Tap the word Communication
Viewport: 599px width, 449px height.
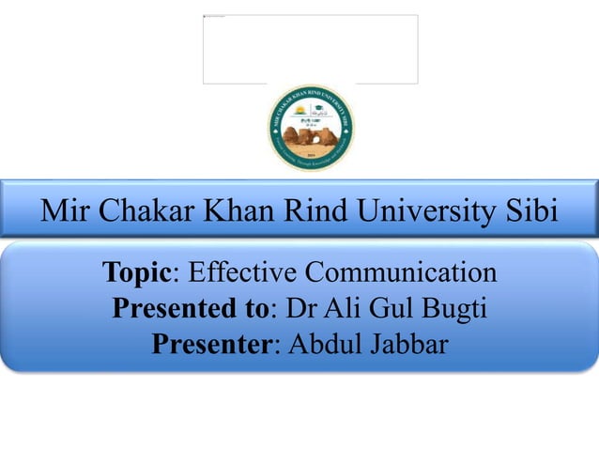click(405, 273)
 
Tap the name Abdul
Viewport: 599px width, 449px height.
click(323, 345)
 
